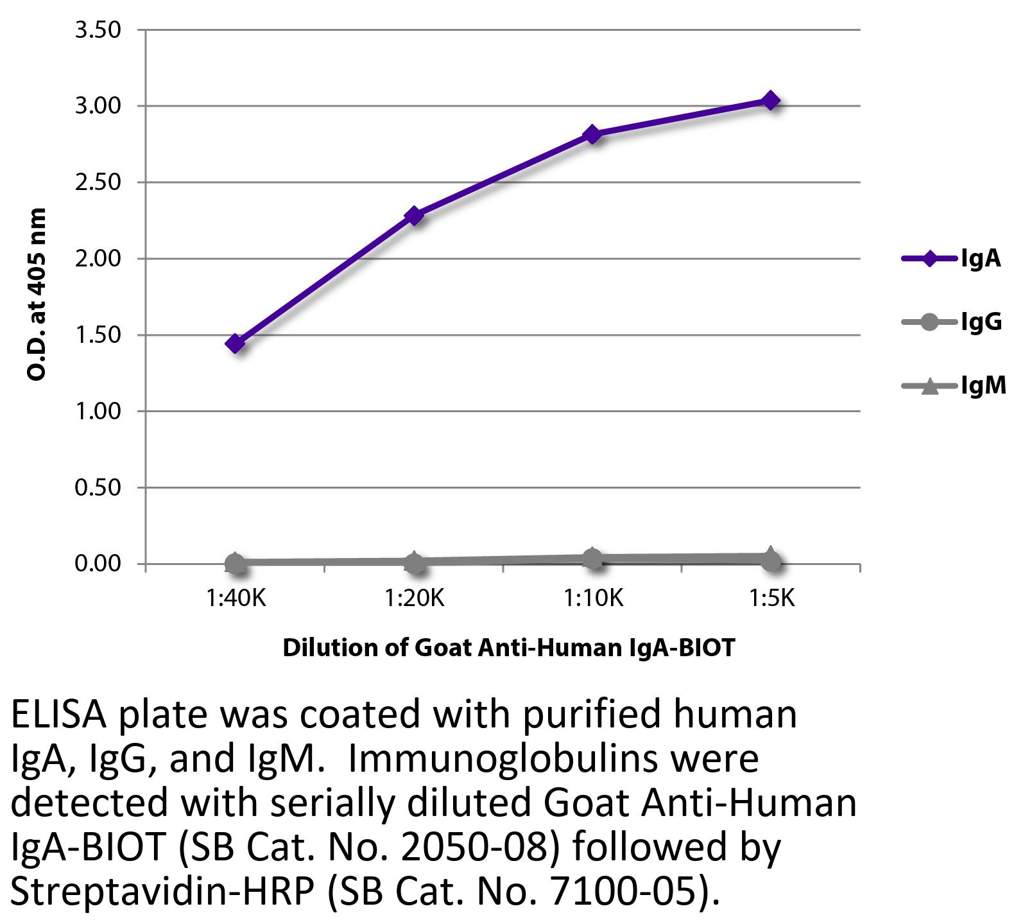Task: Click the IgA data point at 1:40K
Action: pyautogui.click(x=235, y=344)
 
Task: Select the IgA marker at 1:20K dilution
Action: pyautogui.click(x=414, y=215)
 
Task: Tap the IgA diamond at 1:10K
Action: pyautogui.click(x=592, y=134)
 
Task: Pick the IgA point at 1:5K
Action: pyautogui.click(x=770, y=100)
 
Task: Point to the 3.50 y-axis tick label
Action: pyautogui.click(x=98, y=30)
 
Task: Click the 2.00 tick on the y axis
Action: pyautogui.click(x=98, y=259)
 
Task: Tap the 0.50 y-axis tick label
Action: pyautogui.click(x=98, y=487)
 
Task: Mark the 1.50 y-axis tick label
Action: pyautogui.click(x=98, y=335)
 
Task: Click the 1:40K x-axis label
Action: pyautogui.click(x=236, y=598)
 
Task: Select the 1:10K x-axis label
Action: pyautogui.click(x=593, y=598)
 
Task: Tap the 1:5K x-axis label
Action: pyautogui.click(x=771, y=598)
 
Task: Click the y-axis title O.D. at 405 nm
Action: pyautogui.click(x=37, y=294)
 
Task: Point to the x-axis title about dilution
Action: pyautogui.click(x=508, y=647)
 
